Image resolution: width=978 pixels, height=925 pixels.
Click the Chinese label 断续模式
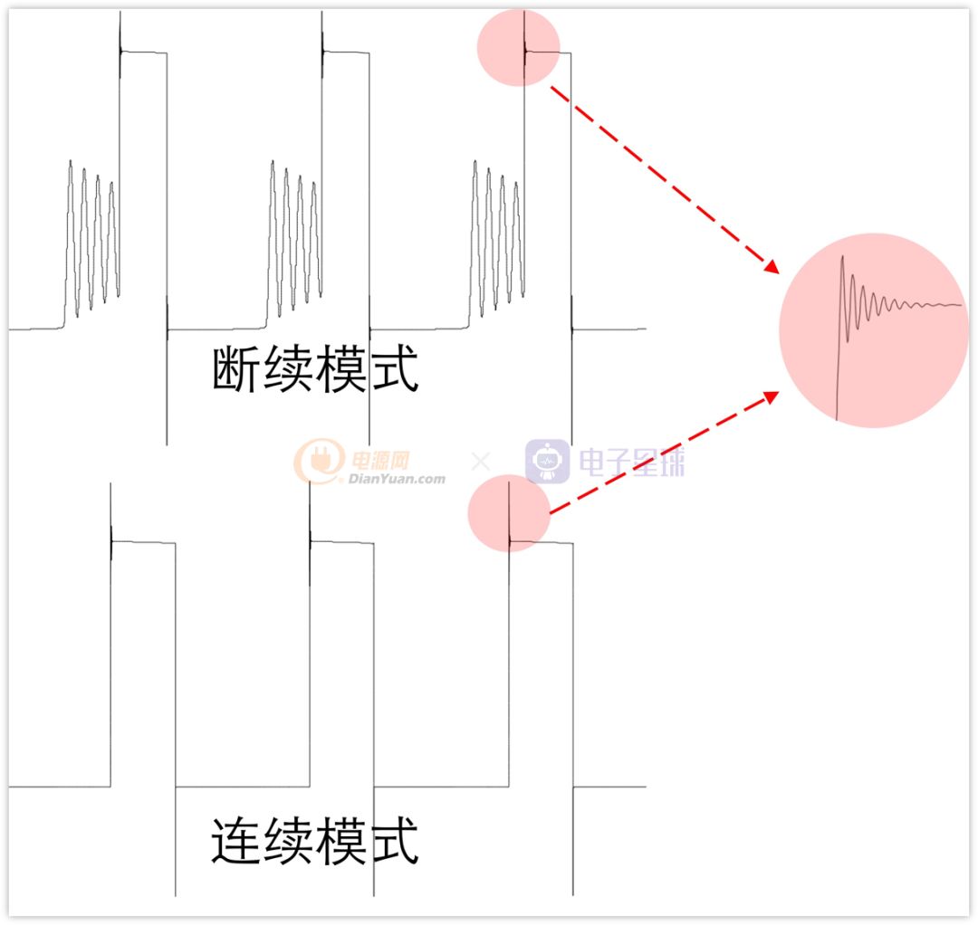[x=315, y=369]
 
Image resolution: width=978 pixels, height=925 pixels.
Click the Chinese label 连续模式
[x=315, y=841]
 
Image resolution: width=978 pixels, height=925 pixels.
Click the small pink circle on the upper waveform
[x=518, y=47]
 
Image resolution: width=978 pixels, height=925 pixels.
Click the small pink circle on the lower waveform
[x=509, y=513]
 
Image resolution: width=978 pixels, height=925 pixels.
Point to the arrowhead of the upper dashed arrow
[x=773, y=267]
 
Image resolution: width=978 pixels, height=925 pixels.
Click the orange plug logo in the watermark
[x=320, y=460]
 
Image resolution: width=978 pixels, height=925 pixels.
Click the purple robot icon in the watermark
[x=547, y=462]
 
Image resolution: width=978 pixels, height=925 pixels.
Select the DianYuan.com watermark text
[x=397, y=479]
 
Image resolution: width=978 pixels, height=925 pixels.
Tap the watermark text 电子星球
[x=631, y=462]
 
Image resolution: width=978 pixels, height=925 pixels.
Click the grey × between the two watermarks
[x=480, y=462]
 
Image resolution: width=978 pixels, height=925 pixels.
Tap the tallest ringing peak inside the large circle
[x=843, y=257]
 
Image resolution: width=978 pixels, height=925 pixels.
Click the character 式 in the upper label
[x=394, y=369]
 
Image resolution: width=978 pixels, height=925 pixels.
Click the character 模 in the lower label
[x=340, y=841]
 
